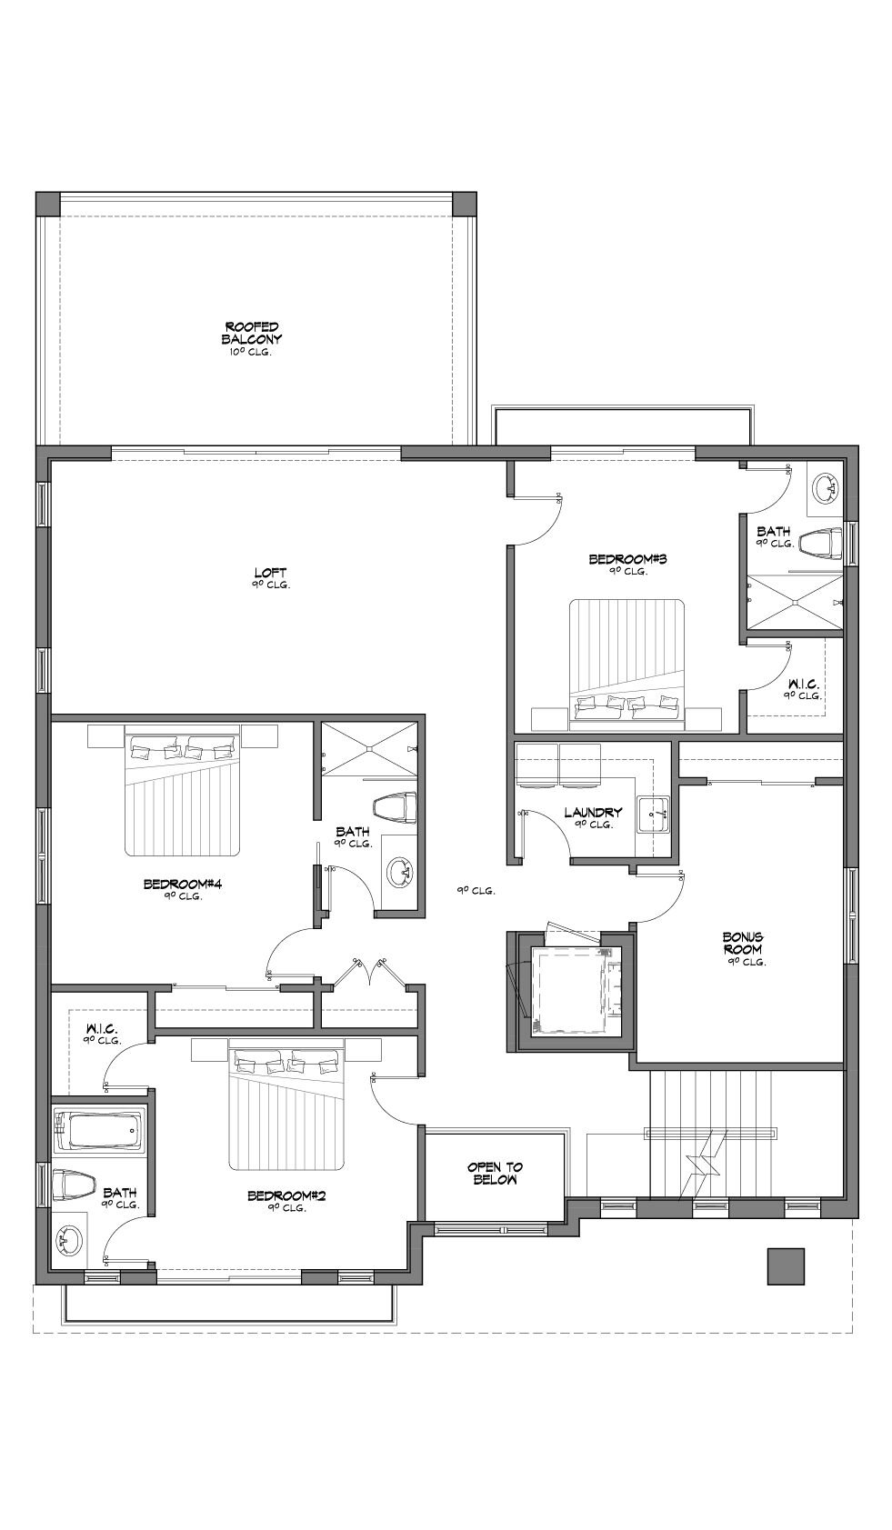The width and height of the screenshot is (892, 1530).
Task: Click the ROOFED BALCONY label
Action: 251,333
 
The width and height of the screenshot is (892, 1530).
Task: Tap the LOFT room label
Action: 270,573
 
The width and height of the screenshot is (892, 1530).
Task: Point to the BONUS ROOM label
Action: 744,944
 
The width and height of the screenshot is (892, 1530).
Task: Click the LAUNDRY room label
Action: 593,812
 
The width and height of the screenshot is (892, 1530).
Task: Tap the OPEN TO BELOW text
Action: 496,1174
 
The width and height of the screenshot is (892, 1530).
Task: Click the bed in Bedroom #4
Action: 183,790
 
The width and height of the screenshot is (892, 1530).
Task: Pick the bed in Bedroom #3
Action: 627,660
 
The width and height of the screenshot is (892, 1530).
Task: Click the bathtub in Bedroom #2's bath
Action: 100,1130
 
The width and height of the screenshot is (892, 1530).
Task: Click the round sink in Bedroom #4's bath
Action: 400,872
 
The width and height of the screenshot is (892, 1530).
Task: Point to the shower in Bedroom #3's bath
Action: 795,601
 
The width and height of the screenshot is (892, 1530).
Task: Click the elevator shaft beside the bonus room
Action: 570,991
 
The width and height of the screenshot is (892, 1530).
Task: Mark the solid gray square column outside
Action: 786,1266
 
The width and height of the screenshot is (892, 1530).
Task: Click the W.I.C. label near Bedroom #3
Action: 803,684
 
